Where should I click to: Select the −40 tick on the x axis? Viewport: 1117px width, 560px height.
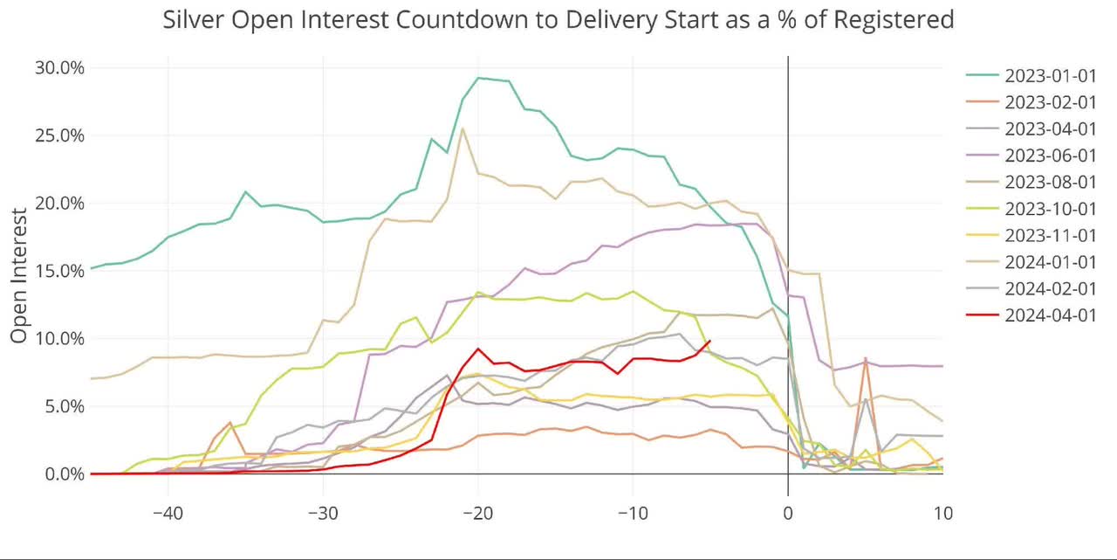coord(168,511)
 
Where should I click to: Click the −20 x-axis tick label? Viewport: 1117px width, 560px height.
coord(477,511)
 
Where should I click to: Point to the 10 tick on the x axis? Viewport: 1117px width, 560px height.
coord(942,511)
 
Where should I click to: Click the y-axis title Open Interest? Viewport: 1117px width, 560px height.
coord(19,271)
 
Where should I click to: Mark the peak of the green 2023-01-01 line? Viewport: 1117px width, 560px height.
coord(477,78)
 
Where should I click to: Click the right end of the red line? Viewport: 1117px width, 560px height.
coord(710,341)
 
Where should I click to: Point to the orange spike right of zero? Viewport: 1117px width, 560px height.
coord(865,358)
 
